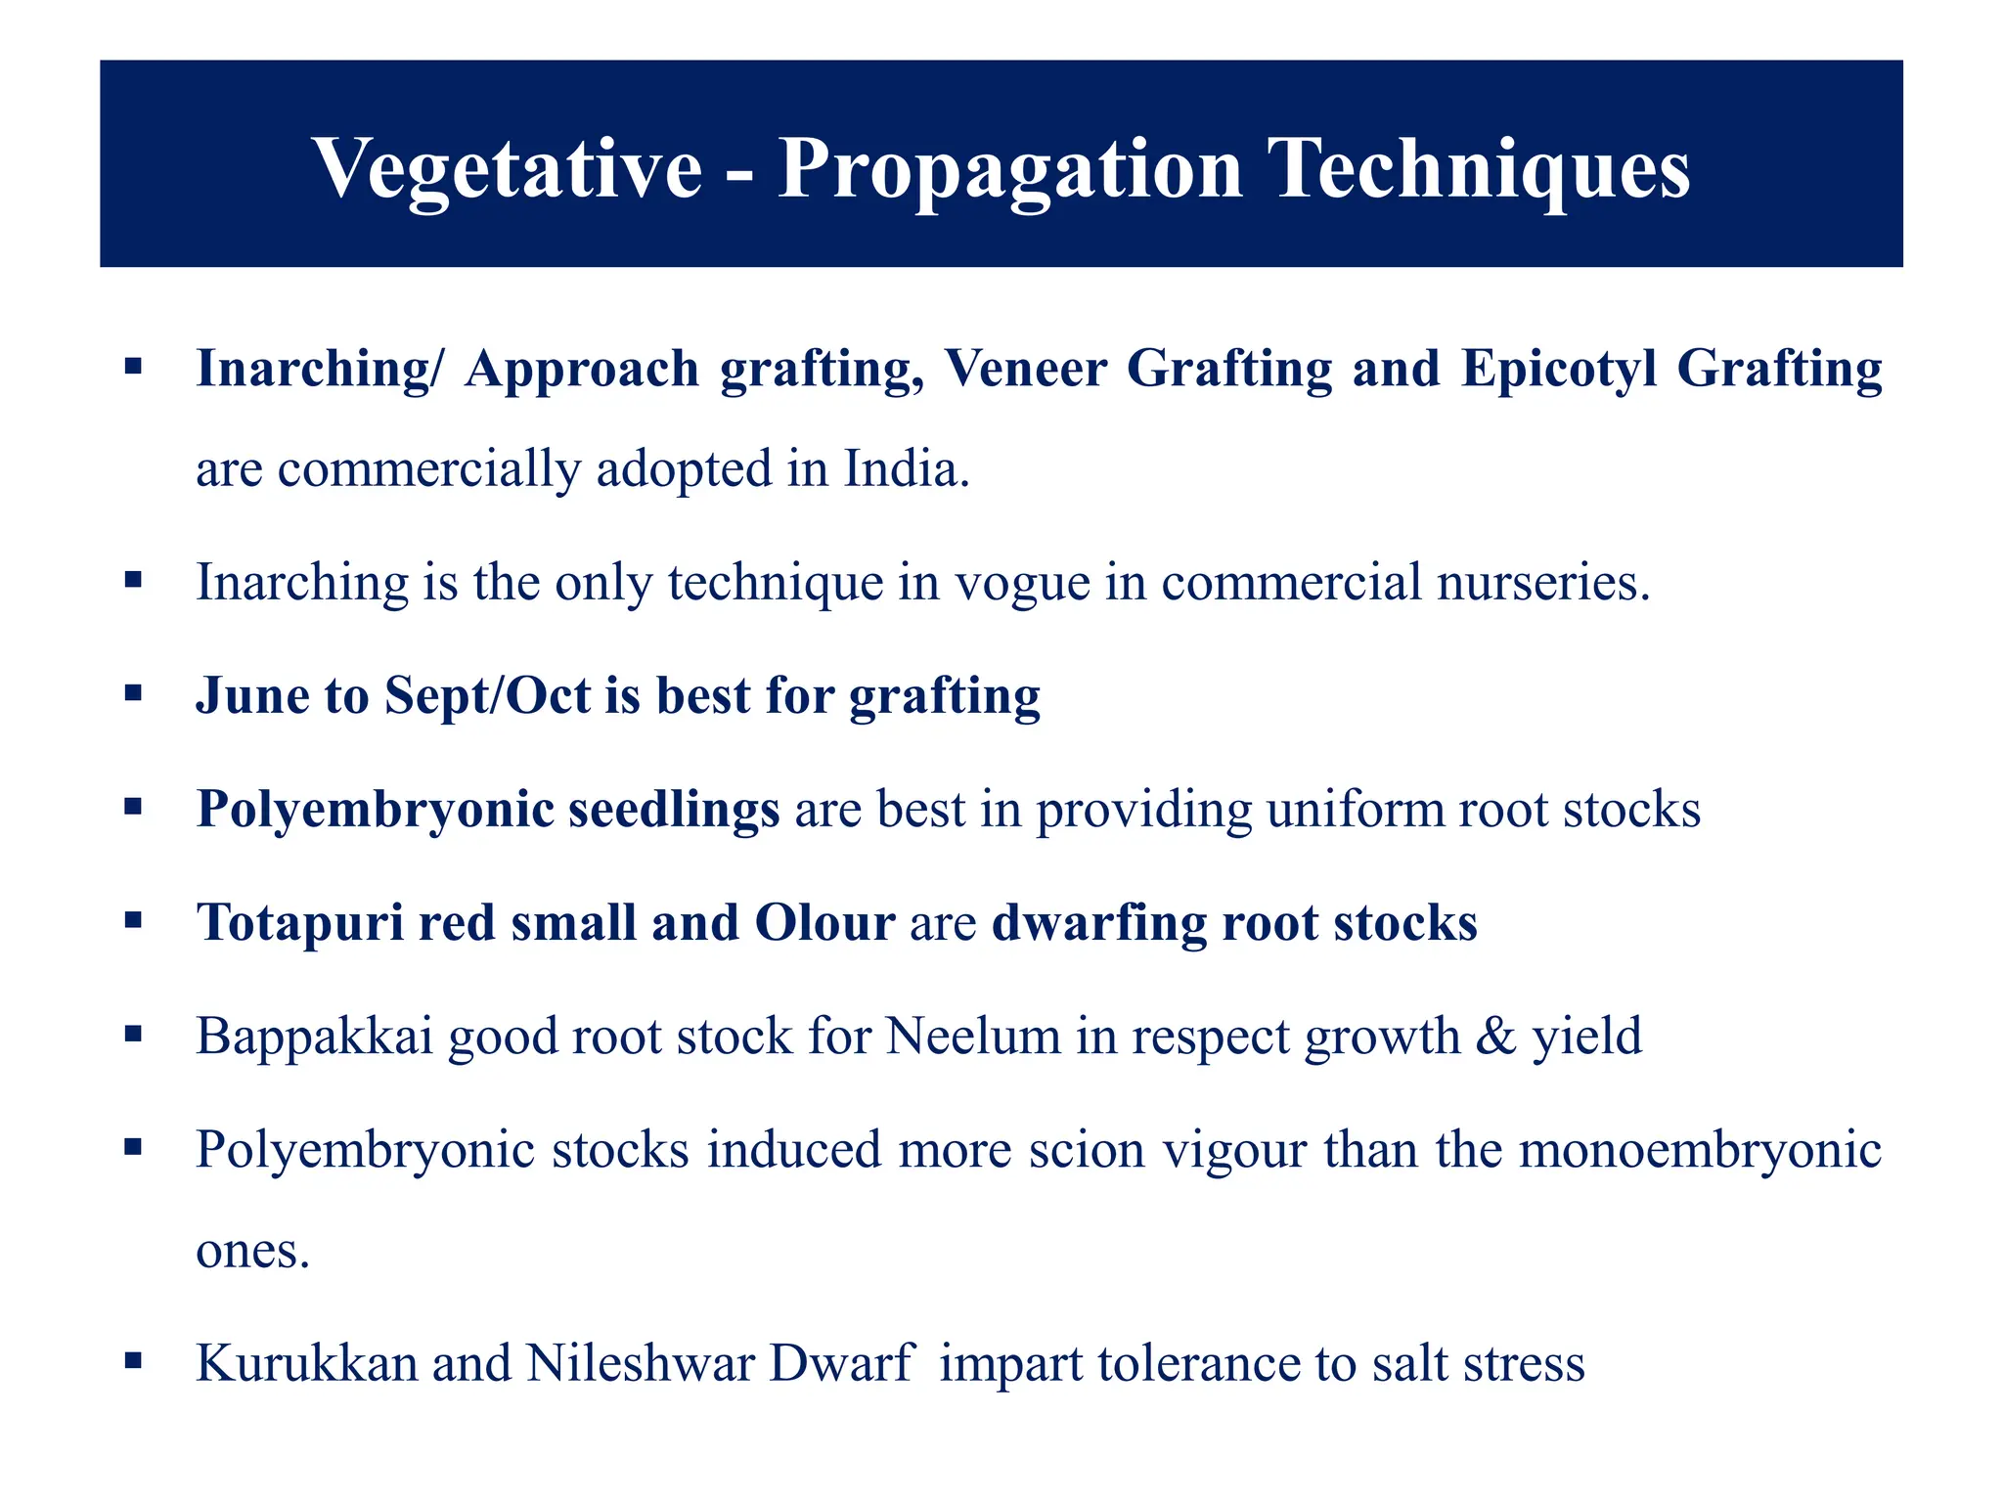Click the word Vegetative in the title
coord(508,168)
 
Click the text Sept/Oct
coord(487,696)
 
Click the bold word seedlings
coord(674,810)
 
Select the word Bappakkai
coord(314,1037)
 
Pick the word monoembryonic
coord(1700,1150)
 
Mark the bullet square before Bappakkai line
coord(134,1034)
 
